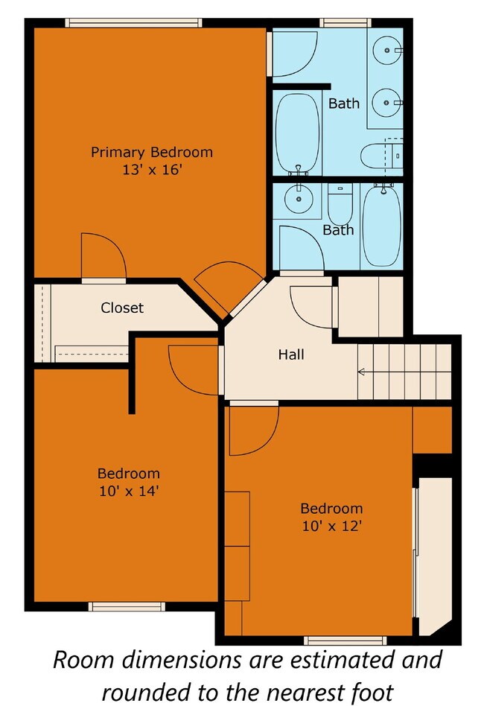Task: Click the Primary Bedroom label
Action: (151, 153)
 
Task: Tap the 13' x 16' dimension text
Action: (151, 170)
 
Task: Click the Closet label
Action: (122, 308)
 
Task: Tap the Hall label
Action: (291, 355)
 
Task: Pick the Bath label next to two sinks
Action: (343, 104)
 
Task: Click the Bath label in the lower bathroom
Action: (338, 230)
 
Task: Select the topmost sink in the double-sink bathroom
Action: (387, 51)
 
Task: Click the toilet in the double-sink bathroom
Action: (380, 156)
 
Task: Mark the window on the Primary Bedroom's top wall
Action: (134, 23)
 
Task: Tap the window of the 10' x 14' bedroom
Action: (127, 606)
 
